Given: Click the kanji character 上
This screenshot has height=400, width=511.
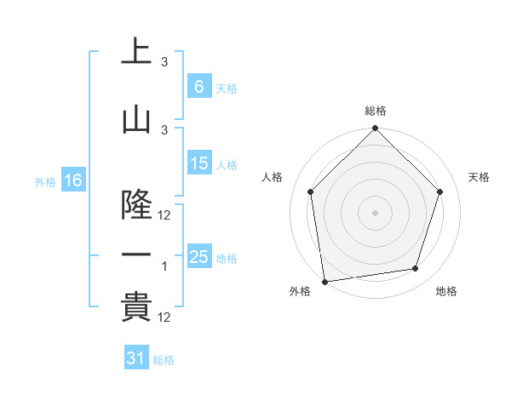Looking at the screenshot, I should [x=136, y=51].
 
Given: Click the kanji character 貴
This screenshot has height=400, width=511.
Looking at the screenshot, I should [x=136, y=307].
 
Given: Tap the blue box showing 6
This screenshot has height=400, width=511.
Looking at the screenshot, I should [x=198, y=86].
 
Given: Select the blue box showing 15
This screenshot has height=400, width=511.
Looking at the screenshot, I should [x=198, y=163].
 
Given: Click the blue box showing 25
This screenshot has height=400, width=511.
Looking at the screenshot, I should [x=198, y=257].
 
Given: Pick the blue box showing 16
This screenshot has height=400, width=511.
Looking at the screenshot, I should [x=72, y=180].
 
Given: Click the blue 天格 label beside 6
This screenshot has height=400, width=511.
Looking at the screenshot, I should [x=227, y=88].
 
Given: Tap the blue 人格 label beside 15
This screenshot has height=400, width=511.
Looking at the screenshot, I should [x=227, y=165].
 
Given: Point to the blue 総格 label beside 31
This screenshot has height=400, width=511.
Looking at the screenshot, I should [x=164, y=360].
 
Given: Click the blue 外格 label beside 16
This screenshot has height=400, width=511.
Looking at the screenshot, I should [x=45, y=182].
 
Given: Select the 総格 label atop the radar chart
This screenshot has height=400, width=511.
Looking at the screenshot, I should [x=376, y=111].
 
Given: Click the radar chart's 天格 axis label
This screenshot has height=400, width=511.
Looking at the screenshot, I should [x=479, y=177].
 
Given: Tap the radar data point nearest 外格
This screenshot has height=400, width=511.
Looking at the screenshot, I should [x=325, y=281].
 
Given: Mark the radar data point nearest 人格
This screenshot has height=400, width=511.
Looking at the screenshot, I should [x=310, y=191].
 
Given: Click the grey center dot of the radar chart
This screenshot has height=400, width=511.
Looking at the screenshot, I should [x=376, y=212].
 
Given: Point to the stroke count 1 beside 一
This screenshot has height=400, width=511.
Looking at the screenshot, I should [x=164, y=266].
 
